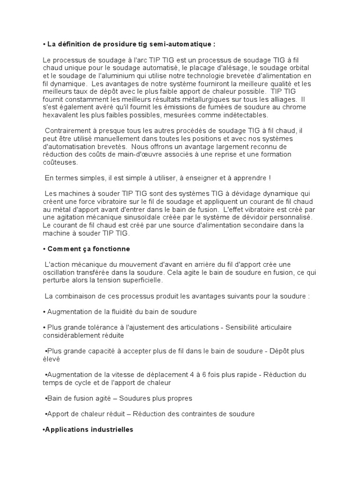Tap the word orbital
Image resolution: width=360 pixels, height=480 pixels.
coord(298,68)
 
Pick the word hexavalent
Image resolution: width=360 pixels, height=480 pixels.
coord(60,114)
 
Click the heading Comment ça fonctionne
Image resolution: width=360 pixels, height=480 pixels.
coord(88,248)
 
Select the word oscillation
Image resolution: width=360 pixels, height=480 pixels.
coord(60,272)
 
